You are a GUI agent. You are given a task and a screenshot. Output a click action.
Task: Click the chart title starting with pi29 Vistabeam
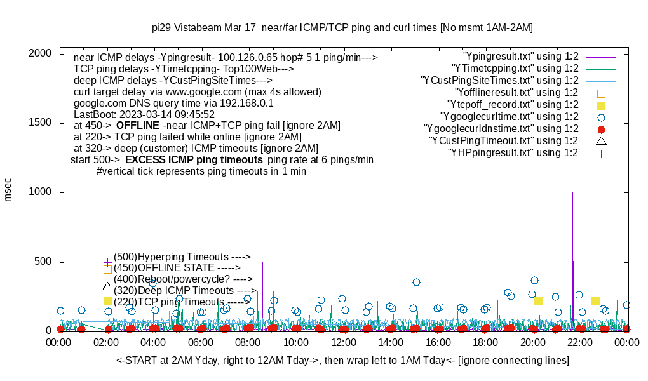pos(342,28)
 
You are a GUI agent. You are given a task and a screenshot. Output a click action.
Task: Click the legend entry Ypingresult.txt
pos(521,57)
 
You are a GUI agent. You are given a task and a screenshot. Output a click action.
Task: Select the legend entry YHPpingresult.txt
pos(513,153)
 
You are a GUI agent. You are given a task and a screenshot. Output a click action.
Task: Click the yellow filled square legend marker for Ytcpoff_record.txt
pos(601,105)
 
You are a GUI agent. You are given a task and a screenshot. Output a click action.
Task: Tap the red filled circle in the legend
pos(601,129)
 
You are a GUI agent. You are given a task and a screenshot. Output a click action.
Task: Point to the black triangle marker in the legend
pos(601,140)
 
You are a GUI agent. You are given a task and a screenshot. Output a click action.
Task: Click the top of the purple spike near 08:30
pos(262,193)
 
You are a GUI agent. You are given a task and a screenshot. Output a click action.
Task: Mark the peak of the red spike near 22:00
pos(572,193)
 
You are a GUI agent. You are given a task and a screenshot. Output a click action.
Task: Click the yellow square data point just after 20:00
pos(538,301)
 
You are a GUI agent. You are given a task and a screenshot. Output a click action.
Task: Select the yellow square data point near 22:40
pos(595,301)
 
